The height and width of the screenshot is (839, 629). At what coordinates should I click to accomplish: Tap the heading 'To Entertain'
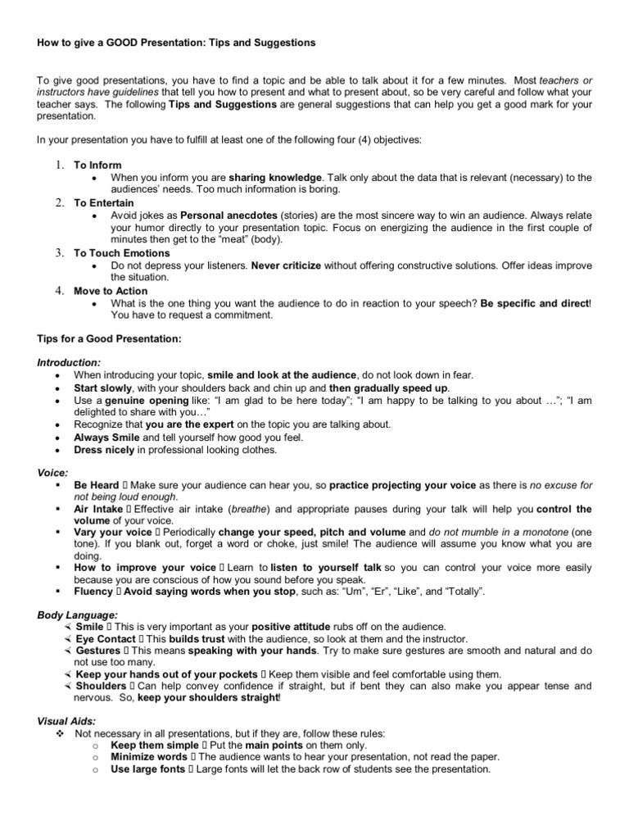click(104, 202)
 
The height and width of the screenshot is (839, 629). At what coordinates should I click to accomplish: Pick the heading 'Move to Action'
click(111, 291)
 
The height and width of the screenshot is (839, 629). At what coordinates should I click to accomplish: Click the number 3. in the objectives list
click(59, 253)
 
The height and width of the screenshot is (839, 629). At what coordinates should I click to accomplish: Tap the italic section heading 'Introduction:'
click(70, 362)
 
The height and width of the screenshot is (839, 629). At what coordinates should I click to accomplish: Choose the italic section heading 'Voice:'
click(52, 473)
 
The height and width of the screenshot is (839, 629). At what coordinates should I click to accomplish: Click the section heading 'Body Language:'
click(78, 614)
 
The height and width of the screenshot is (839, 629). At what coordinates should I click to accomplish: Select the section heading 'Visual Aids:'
click(66, 722)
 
